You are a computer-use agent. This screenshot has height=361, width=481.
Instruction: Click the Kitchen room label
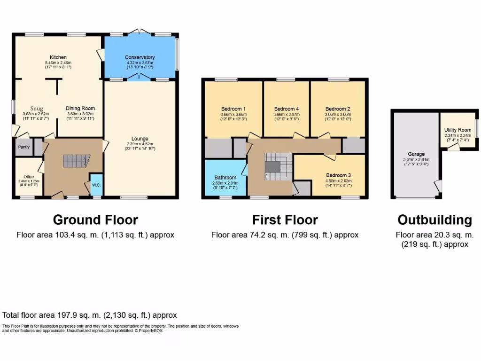tap(59, 57)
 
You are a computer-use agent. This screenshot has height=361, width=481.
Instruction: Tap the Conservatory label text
tap(140, 57)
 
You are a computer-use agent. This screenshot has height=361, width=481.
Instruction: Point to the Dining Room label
tap(80, 108)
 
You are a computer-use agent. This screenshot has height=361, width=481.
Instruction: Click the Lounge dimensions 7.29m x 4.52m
tap(140, 144)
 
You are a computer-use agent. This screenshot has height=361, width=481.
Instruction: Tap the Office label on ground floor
tap(29, 177)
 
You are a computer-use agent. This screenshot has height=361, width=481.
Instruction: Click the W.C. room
tap(96, 185)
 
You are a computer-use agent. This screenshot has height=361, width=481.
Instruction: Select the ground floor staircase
tap(75, 162)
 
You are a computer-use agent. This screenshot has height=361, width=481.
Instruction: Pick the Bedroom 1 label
tap(233, 109)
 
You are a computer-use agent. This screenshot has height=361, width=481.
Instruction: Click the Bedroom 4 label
tap(287, 109)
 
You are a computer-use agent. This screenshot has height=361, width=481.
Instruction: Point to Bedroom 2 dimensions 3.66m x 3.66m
tap(338, 114)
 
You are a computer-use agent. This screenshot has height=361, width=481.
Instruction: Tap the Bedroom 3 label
tap(339, 175)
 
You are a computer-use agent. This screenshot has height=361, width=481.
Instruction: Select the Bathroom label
tap(225, 178)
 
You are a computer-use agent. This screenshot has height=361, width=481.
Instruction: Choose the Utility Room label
tap(458, 130)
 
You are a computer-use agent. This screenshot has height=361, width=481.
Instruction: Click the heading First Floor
tap(285, 220)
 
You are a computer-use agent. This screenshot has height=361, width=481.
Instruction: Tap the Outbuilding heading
tap(434, 220)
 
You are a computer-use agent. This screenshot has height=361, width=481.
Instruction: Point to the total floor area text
tap(90, 315)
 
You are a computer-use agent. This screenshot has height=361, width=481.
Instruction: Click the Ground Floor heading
tap(95, 220)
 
